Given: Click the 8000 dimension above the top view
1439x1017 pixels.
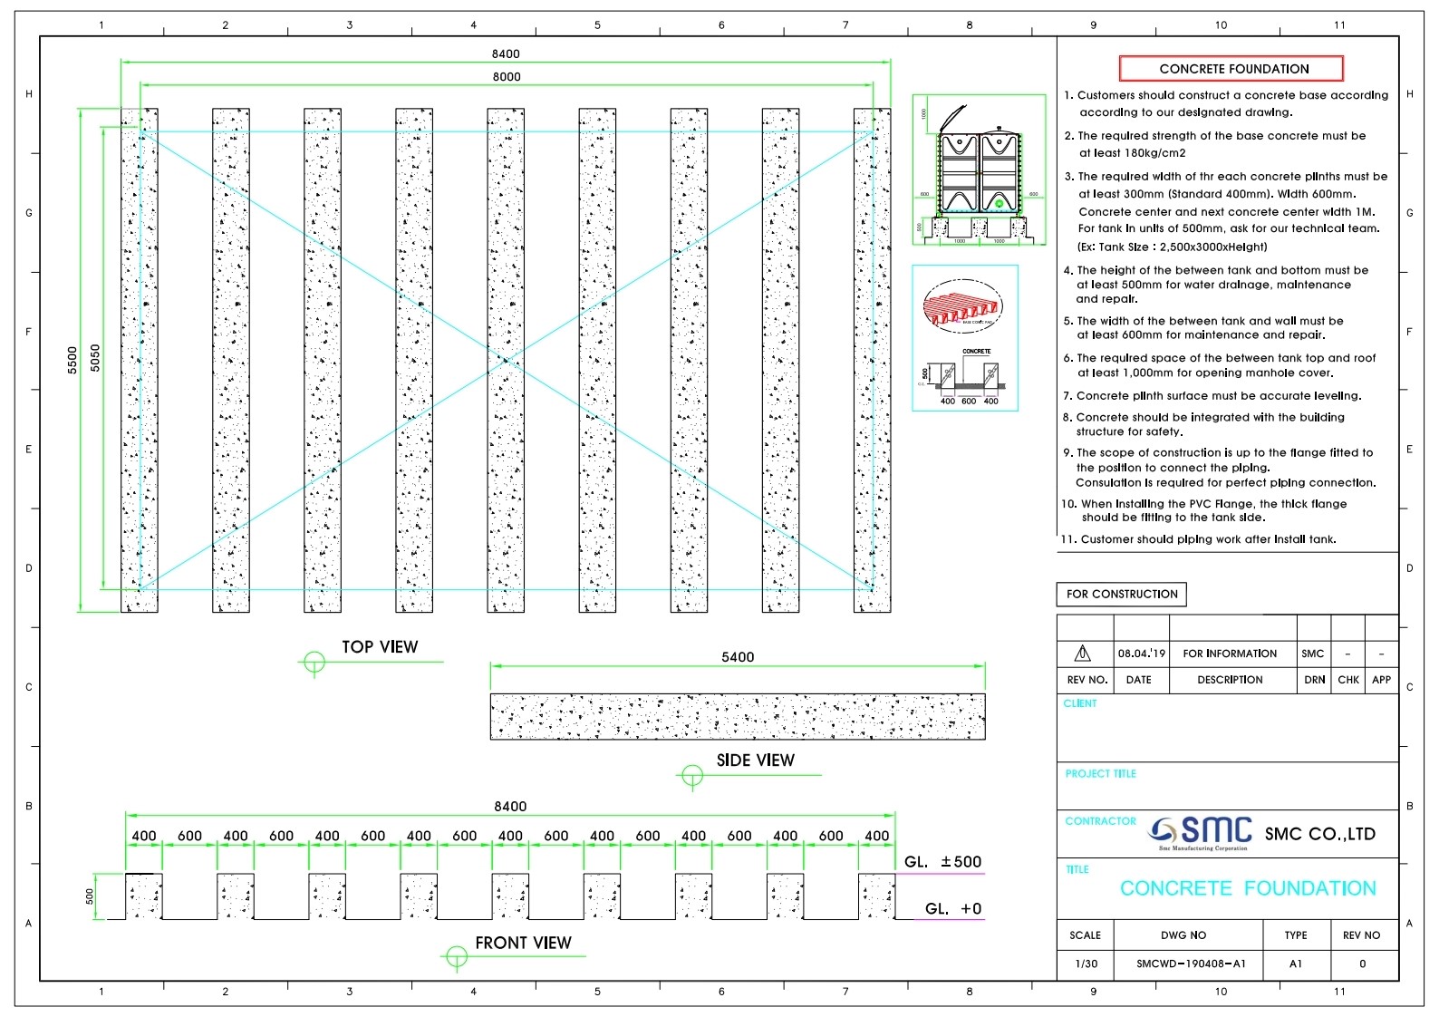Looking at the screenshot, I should tap(507, 77).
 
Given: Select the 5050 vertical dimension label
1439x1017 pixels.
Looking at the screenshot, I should tap(95, 358).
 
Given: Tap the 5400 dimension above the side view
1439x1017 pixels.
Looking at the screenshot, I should tap(738, 657).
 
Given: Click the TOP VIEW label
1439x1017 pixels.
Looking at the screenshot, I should tap(380, 647).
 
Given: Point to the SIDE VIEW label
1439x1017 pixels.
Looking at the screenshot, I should tap(755, 760).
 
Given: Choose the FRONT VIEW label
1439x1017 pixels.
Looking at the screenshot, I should tap(523, 944).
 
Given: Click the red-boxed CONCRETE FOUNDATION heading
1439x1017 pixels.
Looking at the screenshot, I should tap(1232, 69).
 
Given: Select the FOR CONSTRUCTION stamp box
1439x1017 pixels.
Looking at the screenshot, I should tap(1121, 595).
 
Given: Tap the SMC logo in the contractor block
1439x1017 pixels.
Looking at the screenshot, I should tap(1201, 832).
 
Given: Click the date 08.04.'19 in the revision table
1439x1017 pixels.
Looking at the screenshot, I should tap(1141, 654).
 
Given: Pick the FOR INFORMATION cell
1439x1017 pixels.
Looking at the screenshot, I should tap(1229, 654).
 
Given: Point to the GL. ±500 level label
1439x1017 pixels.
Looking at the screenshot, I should tap(942, 862).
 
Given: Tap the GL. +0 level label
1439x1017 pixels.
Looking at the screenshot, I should tap(952, 909).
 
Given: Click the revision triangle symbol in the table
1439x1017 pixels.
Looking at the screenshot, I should tap(1082, 654).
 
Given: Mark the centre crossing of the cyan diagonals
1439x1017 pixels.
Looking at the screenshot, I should tap(507, 361).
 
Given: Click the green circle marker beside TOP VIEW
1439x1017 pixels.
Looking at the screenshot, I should tap(314, 663).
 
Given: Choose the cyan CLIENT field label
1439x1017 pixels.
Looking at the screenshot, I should tap(1079, 703).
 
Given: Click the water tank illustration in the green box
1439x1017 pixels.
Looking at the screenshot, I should tap(980, 172).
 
